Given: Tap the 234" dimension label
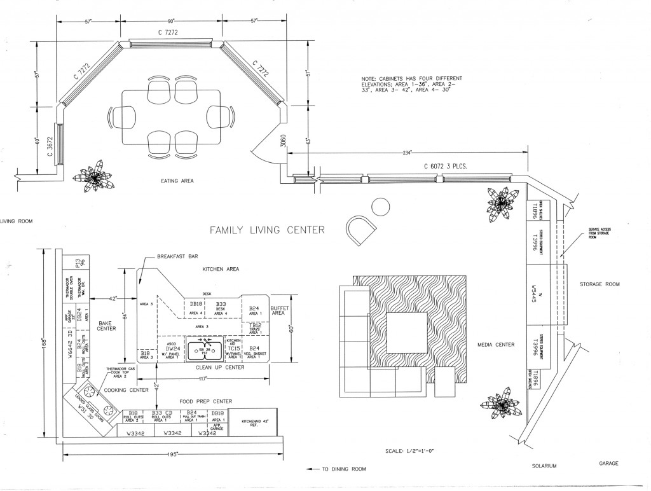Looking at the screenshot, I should click(x=408, y=153).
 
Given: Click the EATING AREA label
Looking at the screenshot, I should click(x=177, y=181).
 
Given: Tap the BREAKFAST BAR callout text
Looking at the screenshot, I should click(x=181, y=257).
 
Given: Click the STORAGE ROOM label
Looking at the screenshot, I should click(x=600, y=284).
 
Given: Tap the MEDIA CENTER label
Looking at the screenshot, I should click(x=496, y=345).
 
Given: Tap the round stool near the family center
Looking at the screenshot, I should click(x=380, y=207).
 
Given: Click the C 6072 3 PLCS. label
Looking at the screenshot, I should click(x=446, y=166).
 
